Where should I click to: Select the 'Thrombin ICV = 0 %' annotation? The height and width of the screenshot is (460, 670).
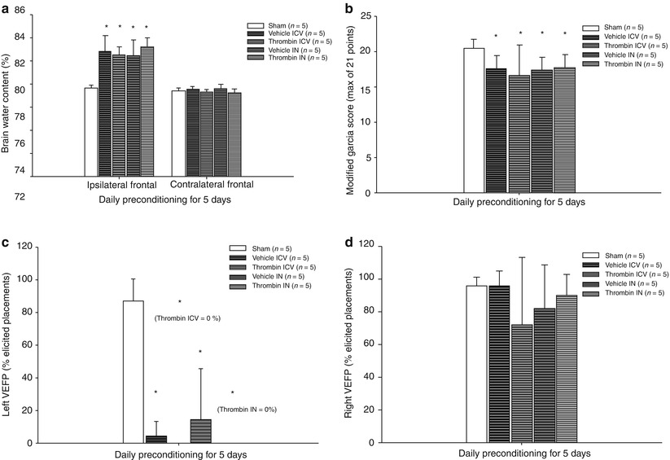pos(186,318)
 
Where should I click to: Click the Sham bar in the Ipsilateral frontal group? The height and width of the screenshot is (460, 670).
pos(91,131)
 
